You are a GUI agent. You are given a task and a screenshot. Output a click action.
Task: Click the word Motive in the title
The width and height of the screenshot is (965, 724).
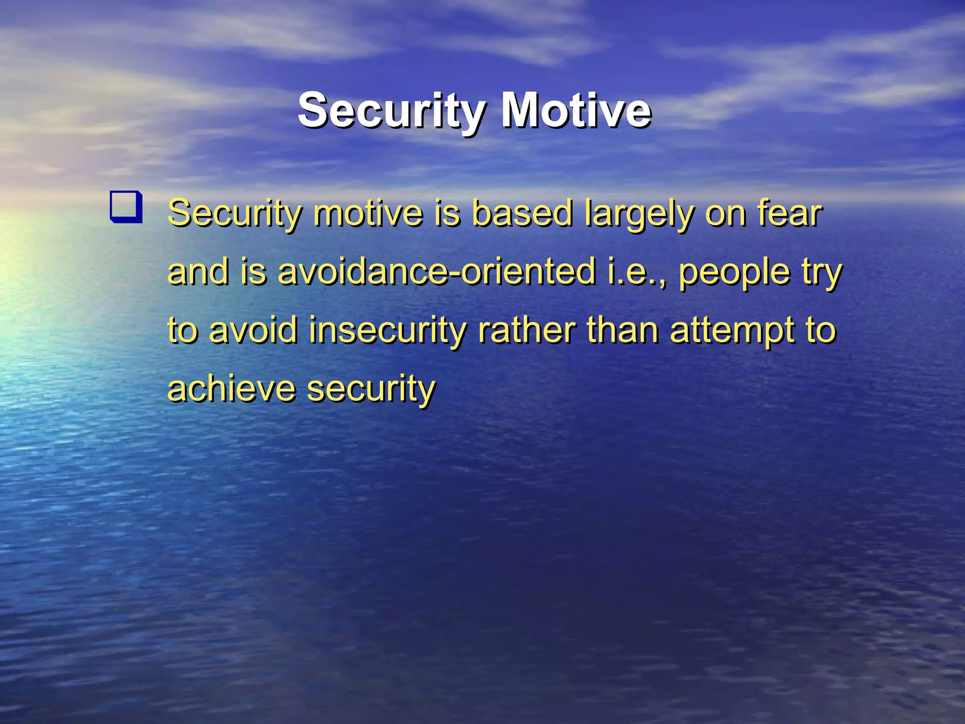coord(576,111)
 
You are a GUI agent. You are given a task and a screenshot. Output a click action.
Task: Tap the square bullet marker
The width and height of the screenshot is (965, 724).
coord(126,206)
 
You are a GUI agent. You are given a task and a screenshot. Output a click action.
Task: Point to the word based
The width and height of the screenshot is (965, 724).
coord(522,214)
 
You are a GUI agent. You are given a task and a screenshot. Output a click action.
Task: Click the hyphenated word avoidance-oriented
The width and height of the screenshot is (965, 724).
coord(437,272)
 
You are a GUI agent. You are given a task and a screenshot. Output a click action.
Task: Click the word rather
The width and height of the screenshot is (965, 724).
coord(527,330)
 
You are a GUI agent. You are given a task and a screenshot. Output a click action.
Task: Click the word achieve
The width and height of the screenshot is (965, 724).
coord(231,388)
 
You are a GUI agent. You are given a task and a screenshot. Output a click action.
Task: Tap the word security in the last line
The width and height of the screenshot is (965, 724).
coord(371,389)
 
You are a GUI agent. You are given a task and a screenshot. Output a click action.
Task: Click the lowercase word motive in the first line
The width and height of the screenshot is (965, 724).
coord(368,214)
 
